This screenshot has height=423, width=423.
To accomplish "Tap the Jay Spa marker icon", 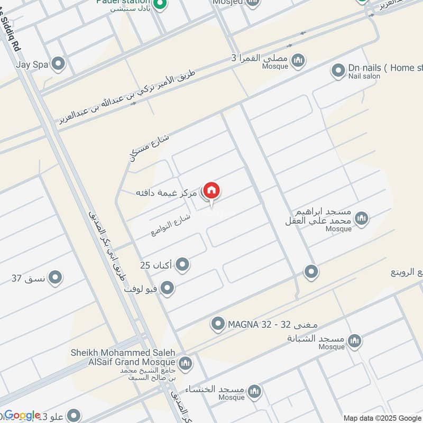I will [58, 65].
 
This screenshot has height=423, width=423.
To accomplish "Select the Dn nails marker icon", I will [338, 70].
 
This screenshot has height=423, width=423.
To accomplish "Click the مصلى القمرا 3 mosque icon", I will [299, 60].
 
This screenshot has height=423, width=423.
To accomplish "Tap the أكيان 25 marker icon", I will [182, 264].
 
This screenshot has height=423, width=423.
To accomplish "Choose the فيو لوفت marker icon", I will [168, 288].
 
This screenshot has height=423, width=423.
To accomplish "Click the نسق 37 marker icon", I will [55, 278].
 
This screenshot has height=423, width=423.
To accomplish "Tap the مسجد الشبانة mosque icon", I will [355, 341].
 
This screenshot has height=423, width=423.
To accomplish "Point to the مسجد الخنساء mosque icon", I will [255, 391].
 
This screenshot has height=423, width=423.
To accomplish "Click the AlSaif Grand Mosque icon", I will [185, 363].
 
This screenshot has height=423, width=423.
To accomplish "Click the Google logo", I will [22, 416].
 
